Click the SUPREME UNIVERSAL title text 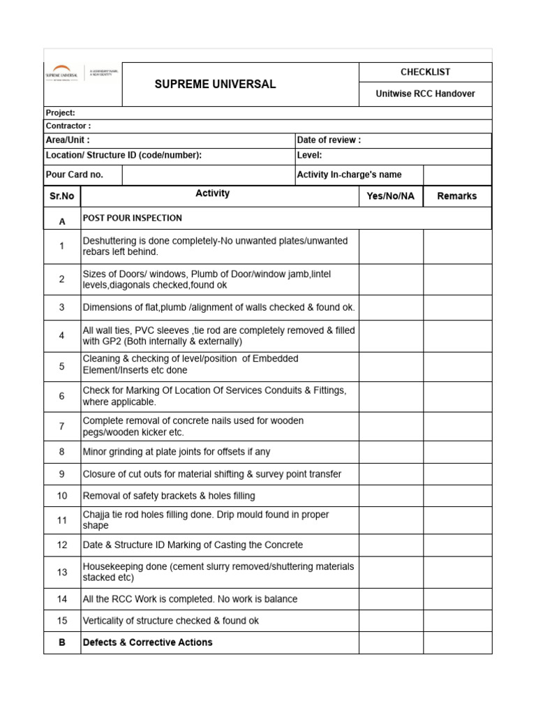click(x=215, y=84)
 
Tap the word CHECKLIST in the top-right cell click(x=425, y=72)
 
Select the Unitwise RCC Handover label click(x=425, y=94)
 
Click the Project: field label click(x=61, y=113)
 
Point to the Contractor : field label click(x=68, y=126)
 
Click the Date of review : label click(x=329, y=140)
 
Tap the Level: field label click(x=309, y=155)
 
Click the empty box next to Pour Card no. click(x=207, y=175)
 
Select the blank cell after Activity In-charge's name click(x=457, y=175)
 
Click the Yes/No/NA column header click(x=390, y=196)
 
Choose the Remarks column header click(x=457, y=196)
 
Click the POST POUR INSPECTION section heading click(x=133, y=219)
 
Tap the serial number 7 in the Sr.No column click(x=62, y=426)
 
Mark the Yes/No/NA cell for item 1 click(x=391, y=246)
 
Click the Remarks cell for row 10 click(x=457, y=496)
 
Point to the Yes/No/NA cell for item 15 click(x=391, y=621)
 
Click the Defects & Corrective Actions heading click(x=148, y=642)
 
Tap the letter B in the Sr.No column click(x=62, y=642)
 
